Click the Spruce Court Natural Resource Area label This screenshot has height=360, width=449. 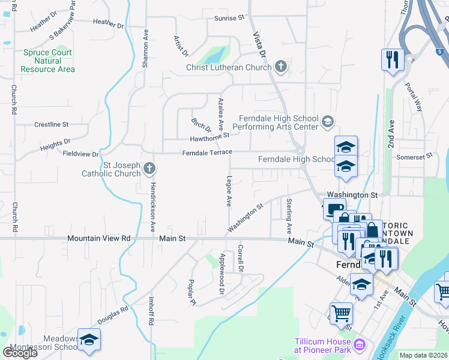tap(47, 61)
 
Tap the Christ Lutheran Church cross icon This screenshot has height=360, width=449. tap(280, 67)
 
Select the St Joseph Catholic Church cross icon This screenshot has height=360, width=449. tap(149, 169)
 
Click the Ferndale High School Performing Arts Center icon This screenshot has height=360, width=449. tap(327, 122)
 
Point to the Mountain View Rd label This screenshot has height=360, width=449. tap(99, 238)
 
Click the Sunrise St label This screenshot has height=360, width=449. tap(230, 18)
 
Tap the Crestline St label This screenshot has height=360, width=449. tap(51, 125)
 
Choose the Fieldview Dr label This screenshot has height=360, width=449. tap(80, 154)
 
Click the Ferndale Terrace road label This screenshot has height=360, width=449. tap(207, 152)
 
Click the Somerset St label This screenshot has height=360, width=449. tap(415, 157)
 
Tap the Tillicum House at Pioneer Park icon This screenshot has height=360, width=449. tap(360, 344)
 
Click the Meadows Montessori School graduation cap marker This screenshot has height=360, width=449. tap(89, 340)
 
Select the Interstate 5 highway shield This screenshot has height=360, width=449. tap(441, 52)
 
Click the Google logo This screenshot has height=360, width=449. tap(20, 352)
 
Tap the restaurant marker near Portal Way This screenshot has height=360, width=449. tap(392, 59)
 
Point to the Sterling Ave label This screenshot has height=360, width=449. tap(289, 216)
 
